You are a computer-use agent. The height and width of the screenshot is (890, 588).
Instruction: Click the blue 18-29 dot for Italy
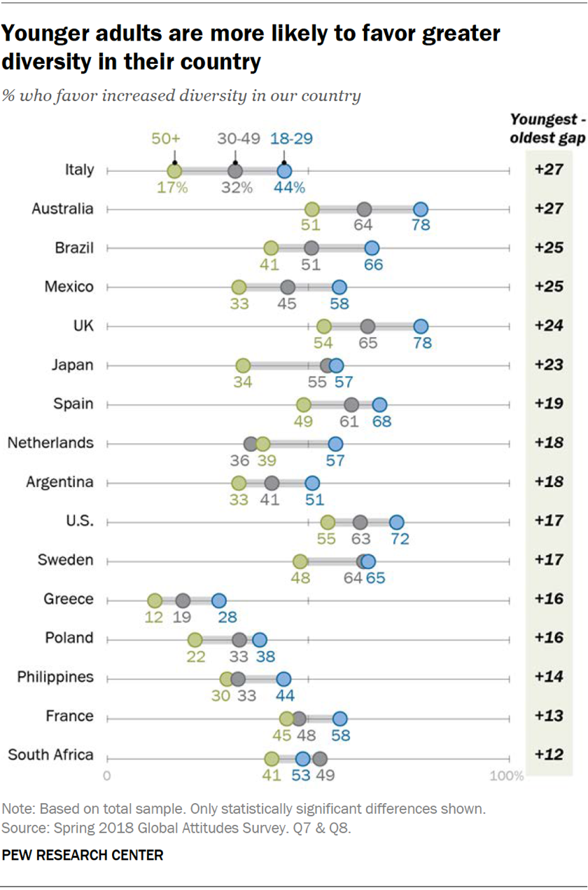(284, 170)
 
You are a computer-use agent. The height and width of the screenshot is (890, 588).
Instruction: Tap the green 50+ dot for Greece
(155, 601)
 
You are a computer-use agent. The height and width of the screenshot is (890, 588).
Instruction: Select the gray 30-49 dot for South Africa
(320, 758)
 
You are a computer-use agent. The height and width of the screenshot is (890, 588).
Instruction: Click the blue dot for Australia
(420, 209)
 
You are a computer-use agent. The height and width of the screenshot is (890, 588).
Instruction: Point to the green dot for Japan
(243, 365)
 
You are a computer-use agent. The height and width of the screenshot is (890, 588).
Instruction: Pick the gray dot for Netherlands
(251, 444)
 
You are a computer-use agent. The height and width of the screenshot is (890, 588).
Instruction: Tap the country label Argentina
(59, 482)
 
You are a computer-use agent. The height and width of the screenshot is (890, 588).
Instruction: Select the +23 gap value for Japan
(549, 365)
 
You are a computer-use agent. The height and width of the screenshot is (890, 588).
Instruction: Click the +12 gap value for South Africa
(549, 755)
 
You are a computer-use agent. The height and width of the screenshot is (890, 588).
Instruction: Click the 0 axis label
(107, 776)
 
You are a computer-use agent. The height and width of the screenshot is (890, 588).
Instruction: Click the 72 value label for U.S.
(400, 539)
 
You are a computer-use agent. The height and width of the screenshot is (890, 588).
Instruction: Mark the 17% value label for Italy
(172, 187)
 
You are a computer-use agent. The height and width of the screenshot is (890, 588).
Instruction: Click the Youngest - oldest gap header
(548, 128)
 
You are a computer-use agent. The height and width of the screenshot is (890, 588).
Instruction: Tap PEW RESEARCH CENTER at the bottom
(83, 855)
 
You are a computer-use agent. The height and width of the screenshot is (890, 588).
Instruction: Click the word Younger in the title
(45, 34)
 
